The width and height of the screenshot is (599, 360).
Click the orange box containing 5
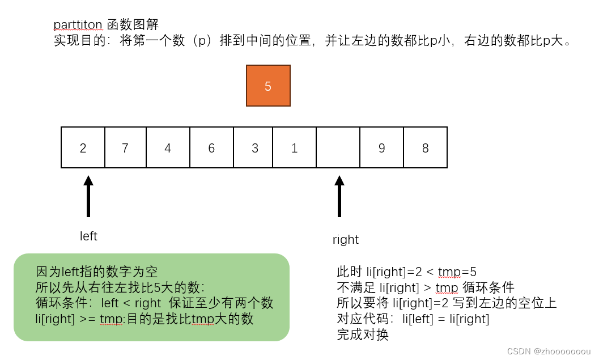coord(268,86)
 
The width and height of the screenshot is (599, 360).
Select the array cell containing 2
coord(83,147)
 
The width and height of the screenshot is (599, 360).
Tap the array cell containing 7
coord(125,147)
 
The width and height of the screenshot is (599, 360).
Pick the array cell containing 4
coord(168,147)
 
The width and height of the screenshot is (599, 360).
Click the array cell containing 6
coord(211,147)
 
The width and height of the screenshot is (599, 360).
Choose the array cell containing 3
coord(254,147)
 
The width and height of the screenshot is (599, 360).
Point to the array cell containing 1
coord(294,147)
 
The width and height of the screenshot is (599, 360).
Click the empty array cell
coord(338,147)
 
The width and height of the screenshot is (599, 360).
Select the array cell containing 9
coord(381,147)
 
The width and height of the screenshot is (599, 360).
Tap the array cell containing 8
coord(425,147)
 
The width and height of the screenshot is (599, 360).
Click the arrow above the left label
coord(88,196)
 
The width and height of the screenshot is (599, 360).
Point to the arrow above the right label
coord(339,196)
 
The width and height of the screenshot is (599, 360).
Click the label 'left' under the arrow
coord(88,236)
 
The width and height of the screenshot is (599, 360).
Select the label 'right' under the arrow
coord(346,240)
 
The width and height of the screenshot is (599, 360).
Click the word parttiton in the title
coord(78,24)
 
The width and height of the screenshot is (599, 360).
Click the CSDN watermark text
coord(549,351)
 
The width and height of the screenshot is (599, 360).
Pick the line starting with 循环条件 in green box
coord(154,303)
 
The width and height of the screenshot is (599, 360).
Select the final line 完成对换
coord(363,334)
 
